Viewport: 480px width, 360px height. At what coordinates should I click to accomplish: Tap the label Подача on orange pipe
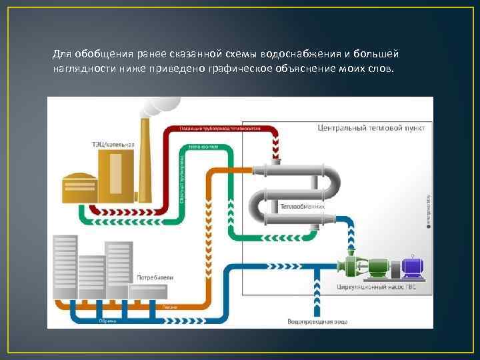pos(169,307)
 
